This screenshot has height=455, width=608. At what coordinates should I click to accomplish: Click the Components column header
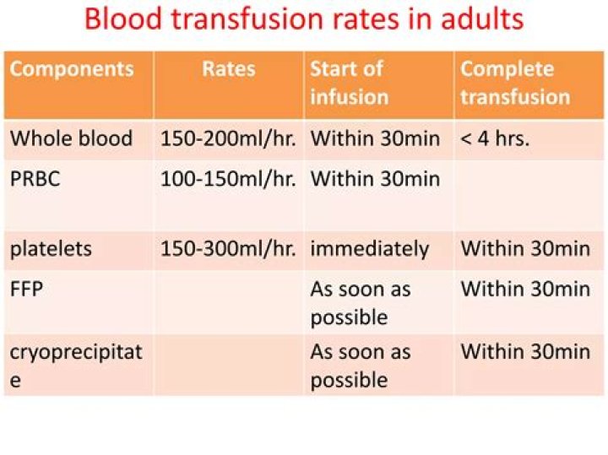(x=72, y=69)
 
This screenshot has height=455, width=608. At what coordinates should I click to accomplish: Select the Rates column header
(x=229, y=69)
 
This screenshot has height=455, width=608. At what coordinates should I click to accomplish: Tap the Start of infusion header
(x=350, y=83)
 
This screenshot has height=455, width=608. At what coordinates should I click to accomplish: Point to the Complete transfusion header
(x=515, y=83)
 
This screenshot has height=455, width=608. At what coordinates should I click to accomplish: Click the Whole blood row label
(x=71, y=138)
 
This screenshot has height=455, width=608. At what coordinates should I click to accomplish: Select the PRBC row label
(x=35, y=179)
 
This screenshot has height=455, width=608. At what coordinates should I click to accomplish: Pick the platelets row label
(x=51, y=248)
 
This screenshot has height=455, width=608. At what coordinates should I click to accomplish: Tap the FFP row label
(x=26, y=289)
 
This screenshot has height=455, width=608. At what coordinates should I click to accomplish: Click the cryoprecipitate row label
(x=76, y=366)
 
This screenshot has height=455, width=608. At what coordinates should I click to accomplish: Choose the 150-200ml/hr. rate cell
(x=228, y=138)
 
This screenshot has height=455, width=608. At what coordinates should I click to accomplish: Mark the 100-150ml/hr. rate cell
(x=228, y=179)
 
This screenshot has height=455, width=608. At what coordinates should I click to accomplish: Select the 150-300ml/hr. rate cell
(x=228, y=248)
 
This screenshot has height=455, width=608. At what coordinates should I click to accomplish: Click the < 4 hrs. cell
(x=495, y=138)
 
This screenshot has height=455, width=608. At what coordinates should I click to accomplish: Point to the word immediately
(x=370, y=249)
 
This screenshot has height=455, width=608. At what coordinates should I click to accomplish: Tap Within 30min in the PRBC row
(x=375, y=179)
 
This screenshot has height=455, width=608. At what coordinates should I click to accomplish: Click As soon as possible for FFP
(x=361, y=303)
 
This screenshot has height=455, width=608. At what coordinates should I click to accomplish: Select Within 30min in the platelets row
(x=525, y=248)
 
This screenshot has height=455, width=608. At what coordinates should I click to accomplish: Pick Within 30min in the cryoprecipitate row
(x=525, y=351)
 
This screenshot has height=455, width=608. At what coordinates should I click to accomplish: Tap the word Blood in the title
(x=123, y=19)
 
